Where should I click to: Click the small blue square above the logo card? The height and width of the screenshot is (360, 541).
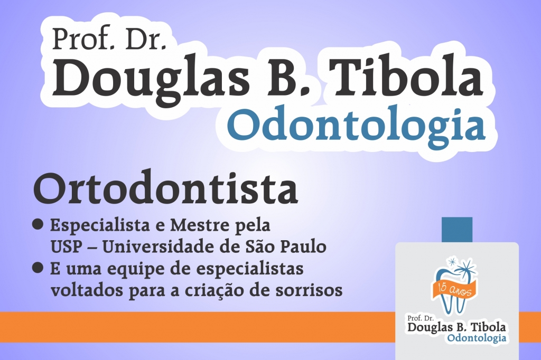pyautogui.click(x=457, y=230)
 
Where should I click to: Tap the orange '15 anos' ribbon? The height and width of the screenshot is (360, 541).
pyautogui.click(x=454, y=289)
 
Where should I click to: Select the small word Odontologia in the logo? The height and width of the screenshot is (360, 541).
pyautogui.click(x=477, y=338)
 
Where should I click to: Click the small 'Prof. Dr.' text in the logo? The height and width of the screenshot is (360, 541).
pyautogui.click(x=420, y=318)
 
